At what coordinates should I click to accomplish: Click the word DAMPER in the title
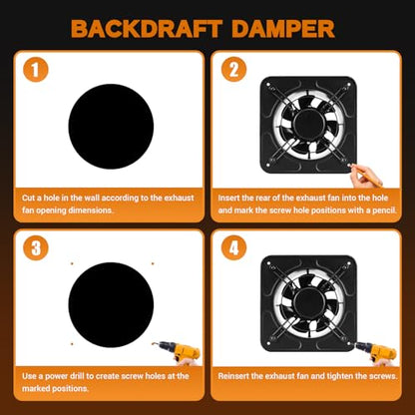283,29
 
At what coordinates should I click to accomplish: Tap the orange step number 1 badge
36,70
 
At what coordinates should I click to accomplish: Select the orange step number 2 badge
234,70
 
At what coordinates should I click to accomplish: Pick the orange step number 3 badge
36,248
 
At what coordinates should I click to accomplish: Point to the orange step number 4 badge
234,248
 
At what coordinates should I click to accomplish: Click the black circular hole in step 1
111,127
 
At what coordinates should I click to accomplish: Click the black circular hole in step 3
111,305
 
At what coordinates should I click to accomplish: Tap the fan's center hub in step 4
308,303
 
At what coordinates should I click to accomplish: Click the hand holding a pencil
365,176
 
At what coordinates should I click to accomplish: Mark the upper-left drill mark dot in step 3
72,263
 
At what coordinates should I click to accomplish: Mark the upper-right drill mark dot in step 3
153,263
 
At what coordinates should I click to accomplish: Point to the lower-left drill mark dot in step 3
72,344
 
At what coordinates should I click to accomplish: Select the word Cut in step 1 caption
28,198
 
